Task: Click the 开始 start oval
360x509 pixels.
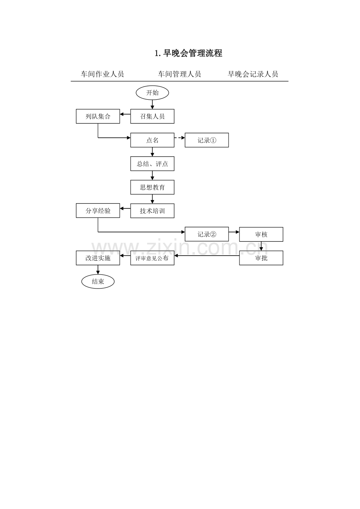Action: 152,93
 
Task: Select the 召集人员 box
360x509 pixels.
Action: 152,116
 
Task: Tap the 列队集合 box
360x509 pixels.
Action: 98,116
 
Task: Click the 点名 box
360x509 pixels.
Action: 152,140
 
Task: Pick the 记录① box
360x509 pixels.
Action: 207,140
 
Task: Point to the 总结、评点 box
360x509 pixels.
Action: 152,164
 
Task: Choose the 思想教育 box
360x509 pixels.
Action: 152,187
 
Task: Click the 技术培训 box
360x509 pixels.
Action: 152,211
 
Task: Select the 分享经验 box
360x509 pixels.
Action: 98,211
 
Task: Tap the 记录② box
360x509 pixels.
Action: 207,234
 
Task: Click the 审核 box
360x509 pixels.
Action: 261,234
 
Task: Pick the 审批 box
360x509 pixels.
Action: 261,258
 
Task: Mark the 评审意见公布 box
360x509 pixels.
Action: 152,258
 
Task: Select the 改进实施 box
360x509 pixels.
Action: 98,258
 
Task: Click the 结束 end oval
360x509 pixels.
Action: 98,281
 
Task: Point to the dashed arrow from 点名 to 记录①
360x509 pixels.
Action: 180,138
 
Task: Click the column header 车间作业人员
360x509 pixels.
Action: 102,74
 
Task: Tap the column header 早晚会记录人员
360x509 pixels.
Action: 253,74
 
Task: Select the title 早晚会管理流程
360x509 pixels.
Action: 189,54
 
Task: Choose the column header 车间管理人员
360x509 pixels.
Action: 179,74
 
